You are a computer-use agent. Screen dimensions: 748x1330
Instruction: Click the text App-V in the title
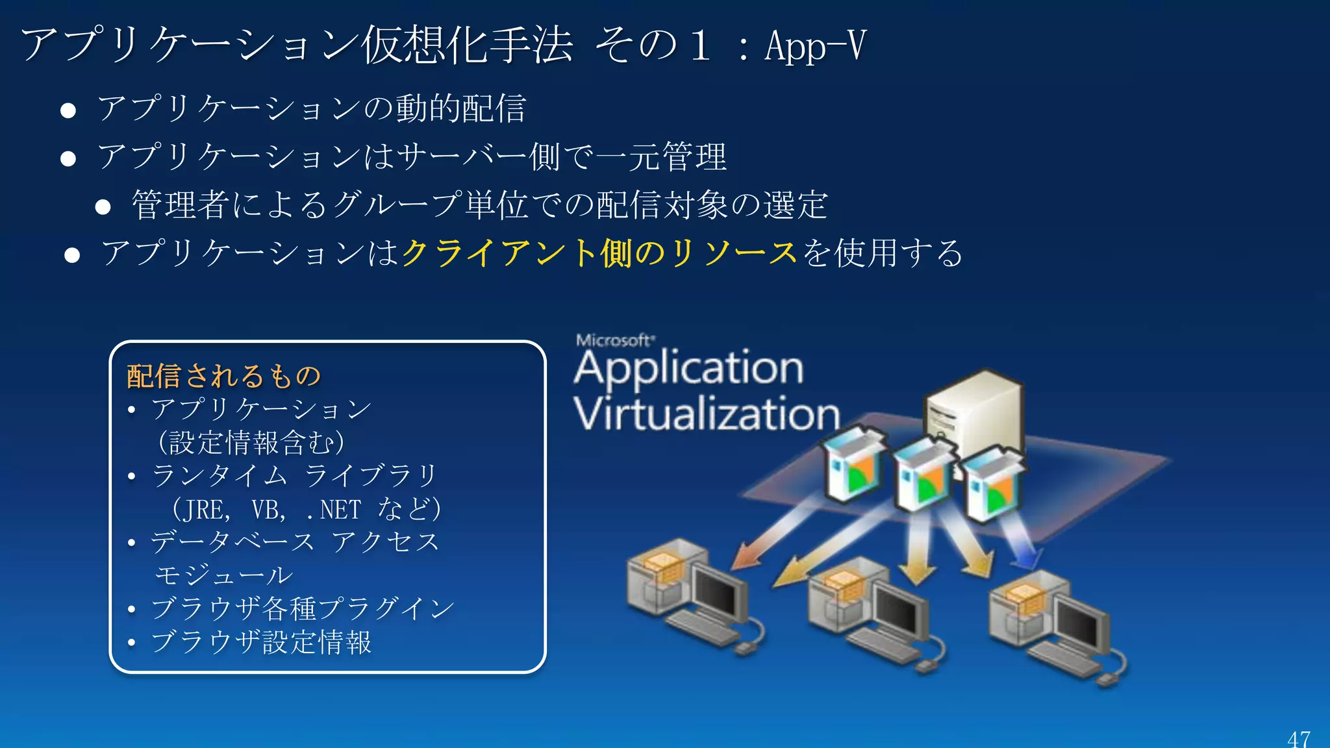pyautogui.click(x=815, y=45)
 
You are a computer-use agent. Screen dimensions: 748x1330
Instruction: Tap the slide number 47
pyautogui.click(x=1299, y=739)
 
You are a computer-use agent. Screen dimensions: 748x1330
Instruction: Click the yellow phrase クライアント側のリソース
pyautogui.click(x=599, y=253)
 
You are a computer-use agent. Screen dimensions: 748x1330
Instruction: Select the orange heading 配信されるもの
pyautogui.click(x=224, y=376)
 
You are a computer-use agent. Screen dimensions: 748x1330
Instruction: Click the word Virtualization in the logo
pyautogui.click(x=707, y=414)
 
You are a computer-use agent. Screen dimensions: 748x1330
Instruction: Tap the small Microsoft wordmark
pyautogui.click(x=614, y=340)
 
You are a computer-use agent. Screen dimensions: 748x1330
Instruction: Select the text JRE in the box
pyautogui.click(x=205, y=510)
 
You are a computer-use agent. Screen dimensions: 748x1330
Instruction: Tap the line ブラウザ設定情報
pyautogui.click(x=261, y=642)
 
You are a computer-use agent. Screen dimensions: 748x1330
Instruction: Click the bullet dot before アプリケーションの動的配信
pyautogui.click(x=68, y=110)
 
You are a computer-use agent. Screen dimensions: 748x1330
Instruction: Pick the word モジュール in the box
pyautogui.click(x=224, y=575)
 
